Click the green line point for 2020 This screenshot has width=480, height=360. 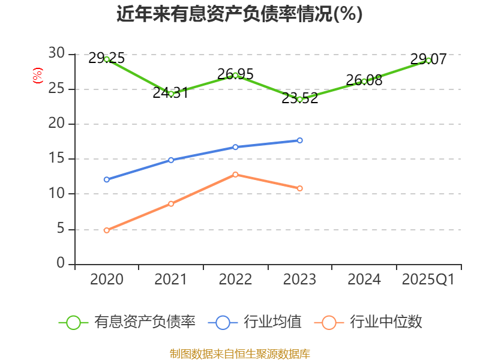(x=107, y=59)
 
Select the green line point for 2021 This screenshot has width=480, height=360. (x=171, y=94)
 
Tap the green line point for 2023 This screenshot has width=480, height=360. (x=300, y=99)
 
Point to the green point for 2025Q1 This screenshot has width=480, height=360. (x=428, y=60)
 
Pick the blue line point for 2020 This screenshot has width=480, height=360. (x=107, y=179)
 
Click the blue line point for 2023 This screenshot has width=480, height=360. (x=300, y=140)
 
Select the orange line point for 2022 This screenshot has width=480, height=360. (x=235, y=174)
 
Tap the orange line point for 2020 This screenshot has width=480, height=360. (x=107, y=230)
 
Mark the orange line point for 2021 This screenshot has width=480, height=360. (x=171, y=204)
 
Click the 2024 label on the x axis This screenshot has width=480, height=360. (x=364, y=280)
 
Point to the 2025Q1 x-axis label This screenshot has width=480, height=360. (x=428, y=280)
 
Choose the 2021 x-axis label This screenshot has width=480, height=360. (x=171, y=280)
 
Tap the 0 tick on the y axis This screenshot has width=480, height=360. (x=60, y=264)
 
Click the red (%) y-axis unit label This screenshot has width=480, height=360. (x=37, y=76)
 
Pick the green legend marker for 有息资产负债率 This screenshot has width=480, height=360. (x=73, y=322)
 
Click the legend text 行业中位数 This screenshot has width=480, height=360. (x=386, y=322)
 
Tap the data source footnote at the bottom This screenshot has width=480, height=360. (x=239, y=353)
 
